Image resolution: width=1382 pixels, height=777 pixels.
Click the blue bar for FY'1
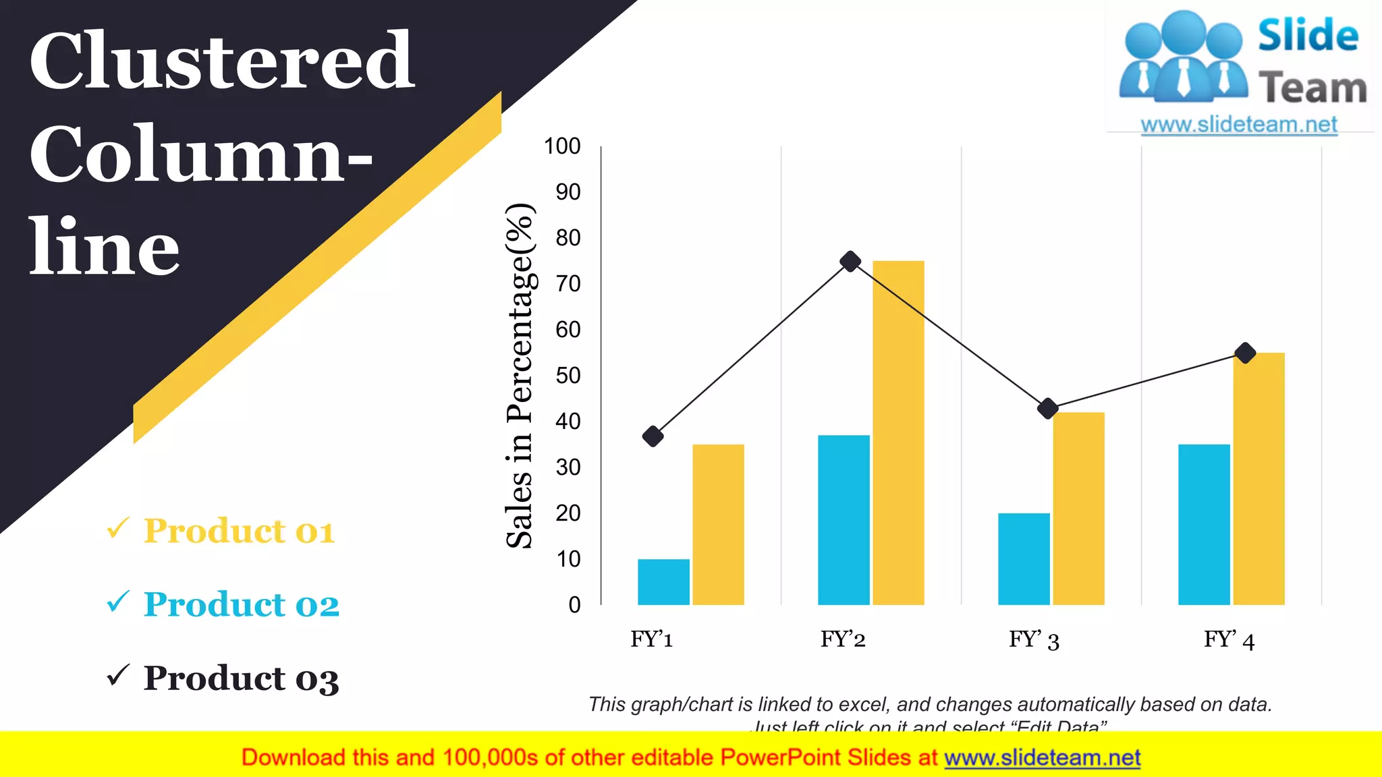pos(663,581)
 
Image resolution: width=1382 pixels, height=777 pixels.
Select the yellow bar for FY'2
pos(898,432)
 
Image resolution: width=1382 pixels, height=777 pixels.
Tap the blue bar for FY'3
pos(1024,558)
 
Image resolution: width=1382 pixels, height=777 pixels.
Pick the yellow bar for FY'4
pos(1259,478)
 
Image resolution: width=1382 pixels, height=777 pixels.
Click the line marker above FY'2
pos(850,262)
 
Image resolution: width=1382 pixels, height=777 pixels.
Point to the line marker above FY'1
pos(653,436)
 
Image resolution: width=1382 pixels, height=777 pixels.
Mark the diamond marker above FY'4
pos(1245,353)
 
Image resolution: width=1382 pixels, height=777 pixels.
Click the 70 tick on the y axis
pos(568,284)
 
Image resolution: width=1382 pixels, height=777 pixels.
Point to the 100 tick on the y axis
pos(562,146)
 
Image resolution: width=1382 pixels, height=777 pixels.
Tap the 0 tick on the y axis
pos(574,605)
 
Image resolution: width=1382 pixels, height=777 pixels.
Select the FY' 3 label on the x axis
pos(1034,639)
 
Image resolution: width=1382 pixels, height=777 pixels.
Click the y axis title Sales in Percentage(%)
pos(520,375)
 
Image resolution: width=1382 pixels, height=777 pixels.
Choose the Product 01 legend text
pos(239,531)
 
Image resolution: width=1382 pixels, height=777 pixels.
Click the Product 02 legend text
pos(241,604)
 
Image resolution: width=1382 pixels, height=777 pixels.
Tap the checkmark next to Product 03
pos(118,675)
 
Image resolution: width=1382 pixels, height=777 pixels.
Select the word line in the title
pos(104,248)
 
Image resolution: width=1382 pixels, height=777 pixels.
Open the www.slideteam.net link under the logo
pos(1238,125)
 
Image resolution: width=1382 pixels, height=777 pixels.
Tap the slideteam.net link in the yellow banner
pos(1042,758)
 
